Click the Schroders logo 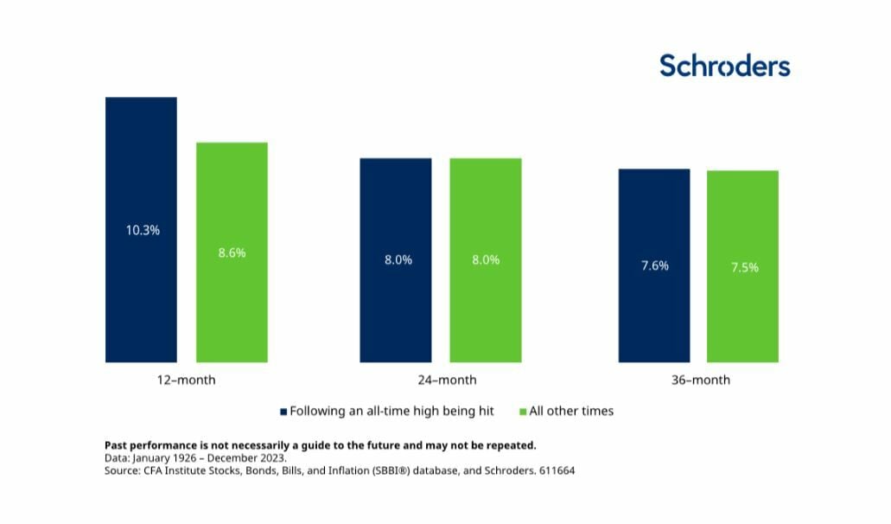724,66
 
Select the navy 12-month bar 141,230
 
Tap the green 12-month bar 232,252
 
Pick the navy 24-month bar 396,260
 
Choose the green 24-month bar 486,260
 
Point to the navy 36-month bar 654,265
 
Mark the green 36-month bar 742,266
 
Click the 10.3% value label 143,230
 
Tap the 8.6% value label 232,252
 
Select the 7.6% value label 654,265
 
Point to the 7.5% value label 744,267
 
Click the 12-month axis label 187,380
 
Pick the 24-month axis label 447,380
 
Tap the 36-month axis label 701,380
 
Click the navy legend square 283,412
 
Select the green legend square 523,412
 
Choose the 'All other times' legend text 571,411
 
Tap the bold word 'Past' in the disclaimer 116,445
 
